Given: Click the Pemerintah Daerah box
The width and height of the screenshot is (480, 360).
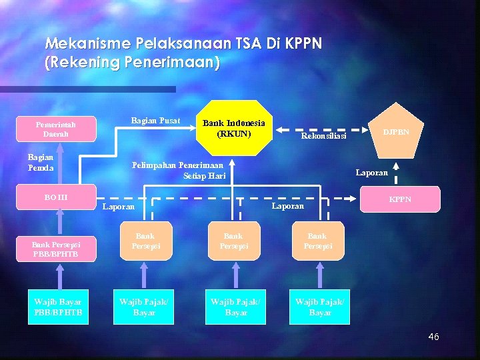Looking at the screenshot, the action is (x=56, y=129).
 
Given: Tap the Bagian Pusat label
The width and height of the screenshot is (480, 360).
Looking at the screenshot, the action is (x=155, y=121).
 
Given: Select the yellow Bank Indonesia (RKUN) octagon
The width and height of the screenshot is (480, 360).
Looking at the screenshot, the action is (x=233, y=128).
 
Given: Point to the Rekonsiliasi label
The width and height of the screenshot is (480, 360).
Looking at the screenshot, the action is (x=324, y=136).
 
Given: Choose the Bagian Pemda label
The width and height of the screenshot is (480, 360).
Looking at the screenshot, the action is (x=41, y=162).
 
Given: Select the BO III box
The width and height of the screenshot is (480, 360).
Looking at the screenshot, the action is (x=56, y=197).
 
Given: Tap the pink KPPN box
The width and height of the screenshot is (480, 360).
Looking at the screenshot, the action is (x=400, y=199).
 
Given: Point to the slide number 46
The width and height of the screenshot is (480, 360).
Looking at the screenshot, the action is (x=433, y=337).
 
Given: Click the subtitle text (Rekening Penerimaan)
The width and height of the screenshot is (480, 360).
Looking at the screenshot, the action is (x=132, y=63).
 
